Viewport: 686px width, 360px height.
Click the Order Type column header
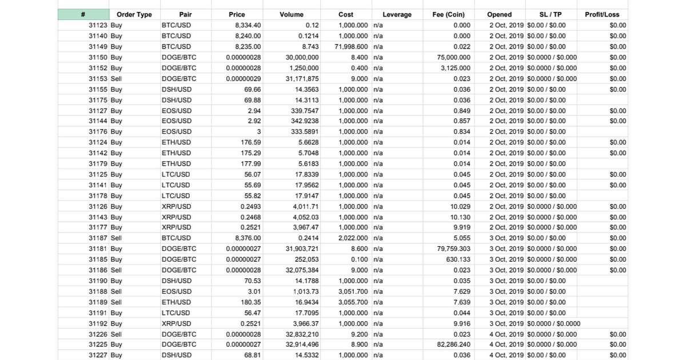tap(134, 14)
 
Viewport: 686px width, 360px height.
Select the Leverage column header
tap(397, 14)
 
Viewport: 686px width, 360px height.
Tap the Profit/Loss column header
tap(602, 14)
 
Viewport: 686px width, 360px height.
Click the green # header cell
tap(83, 14)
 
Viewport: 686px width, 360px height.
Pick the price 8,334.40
tap(248, 25)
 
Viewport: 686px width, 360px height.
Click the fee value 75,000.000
tap(453, 57)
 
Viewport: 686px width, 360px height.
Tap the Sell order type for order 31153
tap(116, 78)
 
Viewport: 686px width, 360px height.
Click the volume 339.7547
tap(305, 110)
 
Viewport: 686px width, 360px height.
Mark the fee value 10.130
tap(460, 217)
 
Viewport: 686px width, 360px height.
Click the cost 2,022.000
tap(353, 238)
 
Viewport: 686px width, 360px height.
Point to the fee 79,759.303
tap(453, 249)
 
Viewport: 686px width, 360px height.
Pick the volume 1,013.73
tap(306, 291)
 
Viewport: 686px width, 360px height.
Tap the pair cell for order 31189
tap(176, 302)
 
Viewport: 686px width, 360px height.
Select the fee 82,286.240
tap(453, 345)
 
